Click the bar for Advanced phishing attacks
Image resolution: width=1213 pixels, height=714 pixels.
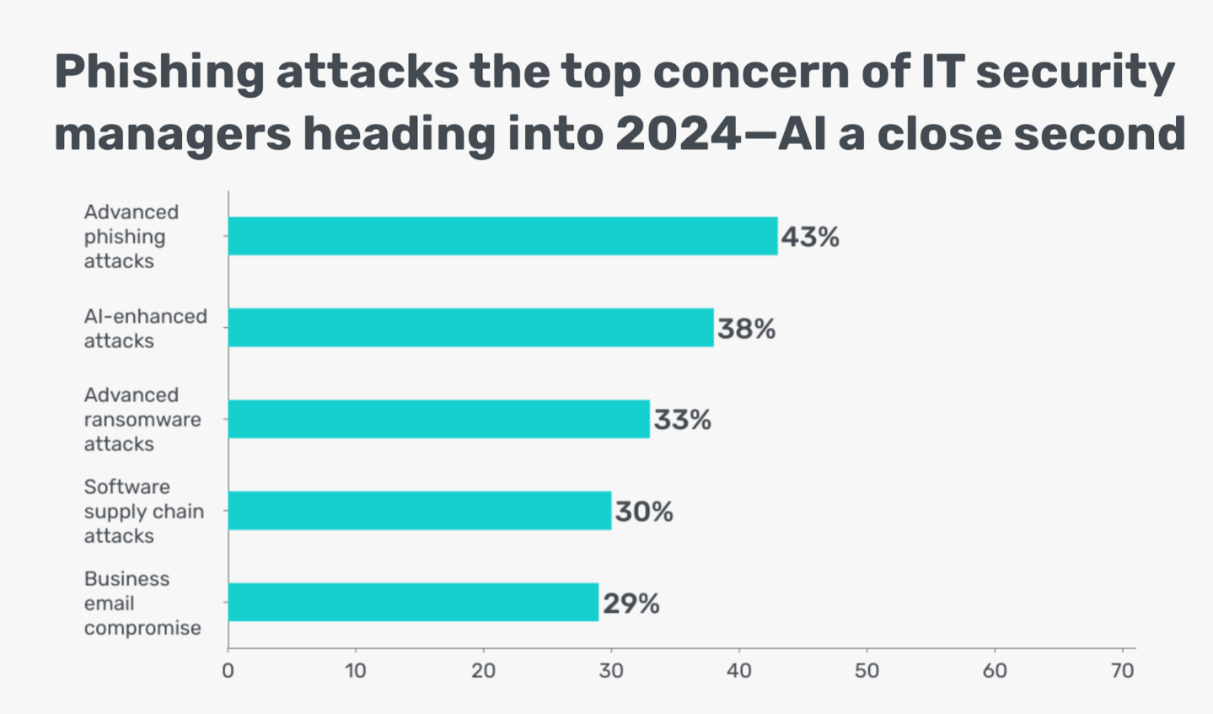click(502, 236)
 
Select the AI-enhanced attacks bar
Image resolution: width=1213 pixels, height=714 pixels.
click(470, 327)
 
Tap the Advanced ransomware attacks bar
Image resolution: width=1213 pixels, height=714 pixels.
click(438, 419)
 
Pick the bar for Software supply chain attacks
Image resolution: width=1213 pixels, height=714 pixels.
click(419, 510)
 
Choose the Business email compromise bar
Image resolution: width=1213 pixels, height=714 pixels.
click(413, 602)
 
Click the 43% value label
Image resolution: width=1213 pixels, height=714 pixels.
click(810, 237)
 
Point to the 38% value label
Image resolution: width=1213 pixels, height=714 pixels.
click(746, 328)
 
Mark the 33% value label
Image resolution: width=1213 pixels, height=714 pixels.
click(682, 420)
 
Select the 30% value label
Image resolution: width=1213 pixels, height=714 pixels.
click(644, 512)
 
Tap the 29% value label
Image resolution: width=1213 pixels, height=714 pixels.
click(631, 604)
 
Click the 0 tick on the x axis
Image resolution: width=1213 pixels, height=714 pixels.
click(228, 671)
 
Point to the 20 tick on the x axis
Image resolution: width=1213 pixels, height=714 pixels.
click(483, 671)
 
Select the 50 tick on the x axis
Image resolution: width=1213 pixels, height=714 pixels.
click(867, 671)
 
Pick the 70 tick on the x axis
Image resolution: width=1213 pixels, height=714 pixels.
click(1122, 671)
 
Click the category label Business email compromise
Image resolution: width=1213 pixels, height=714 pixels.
click(142, 603)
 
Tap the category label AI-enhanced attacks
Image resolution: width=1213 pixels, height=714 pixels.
click(145, 328)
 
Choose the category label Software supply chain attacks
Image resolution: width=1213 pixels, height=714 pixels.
click(143, 511)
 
